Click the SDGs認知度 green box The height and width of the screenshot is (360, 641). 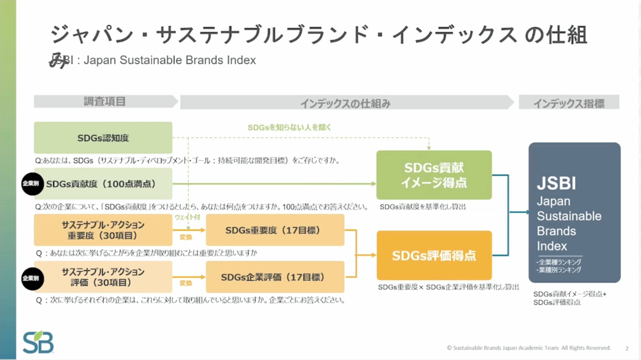103,138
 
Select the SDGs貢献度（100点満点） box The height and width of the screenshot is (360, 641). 103,184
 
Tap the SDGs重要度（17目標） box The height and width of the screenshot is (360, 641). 275,230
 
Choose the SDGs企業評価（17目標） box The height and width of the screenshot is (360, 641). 275,277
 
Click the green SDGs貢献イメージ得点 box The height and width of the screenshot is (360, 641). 434,175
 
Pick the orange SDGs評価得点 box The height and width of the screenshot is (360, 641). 434,256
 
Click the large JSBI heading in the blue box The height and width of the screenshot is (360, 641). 556,182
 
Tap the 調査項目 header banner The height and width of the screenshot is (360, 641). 105,102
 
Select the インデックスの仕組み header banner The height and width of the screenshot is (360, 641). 345,103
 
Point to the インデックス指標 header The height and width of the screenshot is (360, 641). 568,103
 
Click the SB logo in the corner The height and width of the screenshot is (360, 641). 38,342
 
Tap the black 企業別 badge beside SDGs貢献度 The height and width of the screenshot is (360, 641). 32,184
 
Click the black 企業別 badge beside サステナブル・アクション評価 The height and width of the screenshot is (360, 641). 32,278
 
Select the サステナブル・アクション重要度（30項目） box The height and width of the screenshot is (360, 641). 103,230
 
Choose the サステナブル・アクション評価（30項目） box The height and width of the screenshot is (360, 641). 103,277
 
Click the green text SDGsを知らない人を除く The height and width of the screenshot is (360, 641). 289,127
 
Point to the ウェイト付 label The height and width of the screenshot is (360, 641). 188,218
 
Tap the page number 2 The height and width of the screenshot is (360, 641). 627,348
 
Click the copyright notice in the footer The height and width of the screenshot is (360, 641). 528,348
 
